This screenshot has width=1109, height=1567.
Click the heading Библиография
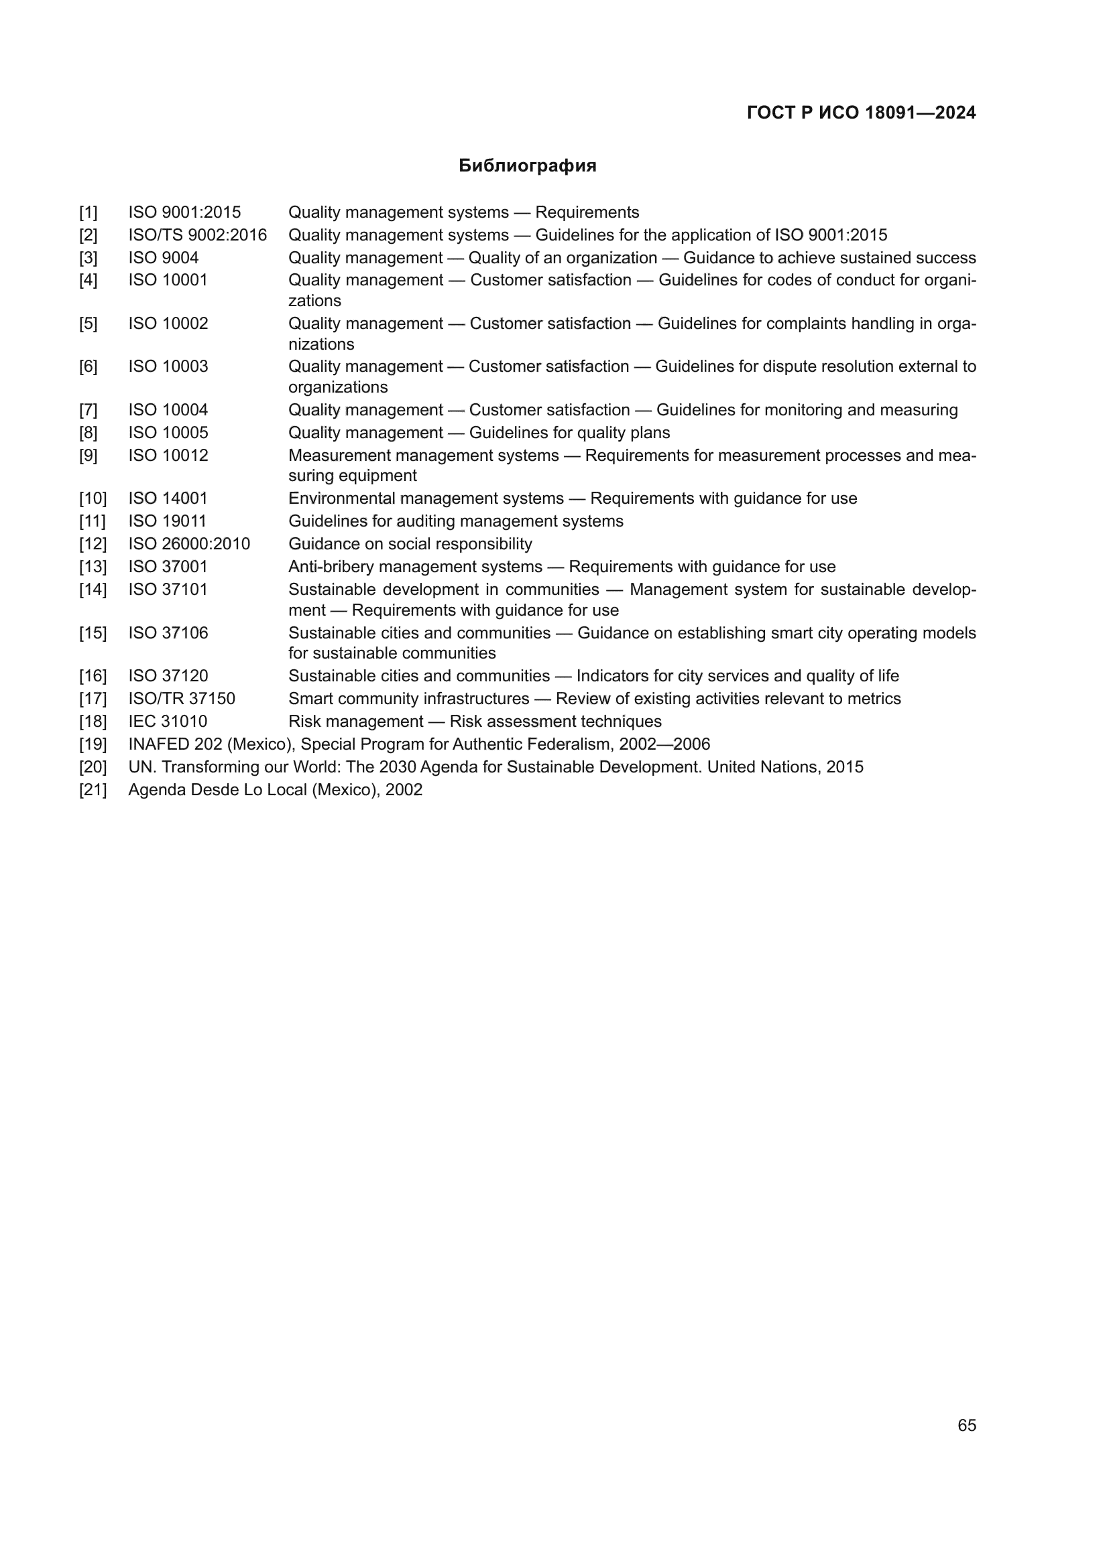pos(527,166)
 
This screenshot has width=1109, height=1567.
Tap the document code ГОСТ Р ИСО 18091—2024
pos(861,113)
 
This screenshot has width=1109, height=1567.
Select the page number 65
pos(966,1425)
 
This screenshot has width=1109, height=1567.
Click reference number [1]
pos(88,212)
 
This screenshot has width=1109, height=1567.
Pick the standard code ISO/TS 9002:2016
pos(197,234)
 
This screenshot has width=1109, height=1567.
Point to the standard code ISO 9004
pos(163,257)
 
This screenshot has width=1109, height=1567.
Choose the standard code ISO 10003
pos(168,366)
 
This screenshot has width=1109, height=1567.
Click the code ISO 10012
pos(168,455)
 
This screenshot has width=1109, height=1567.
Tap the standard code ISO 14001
pos(168,498)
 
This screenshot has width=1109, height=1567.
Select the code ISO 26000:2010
pos(189,544)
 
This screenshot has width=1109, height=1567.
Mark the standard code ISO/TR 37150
pos(182,698)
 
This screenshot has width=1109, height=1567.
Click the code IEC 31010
pos(168,722)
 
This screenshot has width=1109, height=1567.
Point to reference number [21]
pos(93,790)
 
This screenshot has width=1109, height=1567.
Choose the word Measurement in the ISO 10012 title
pos(339,455)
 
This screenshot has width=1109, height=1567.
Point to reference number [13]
pos(93,567)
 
